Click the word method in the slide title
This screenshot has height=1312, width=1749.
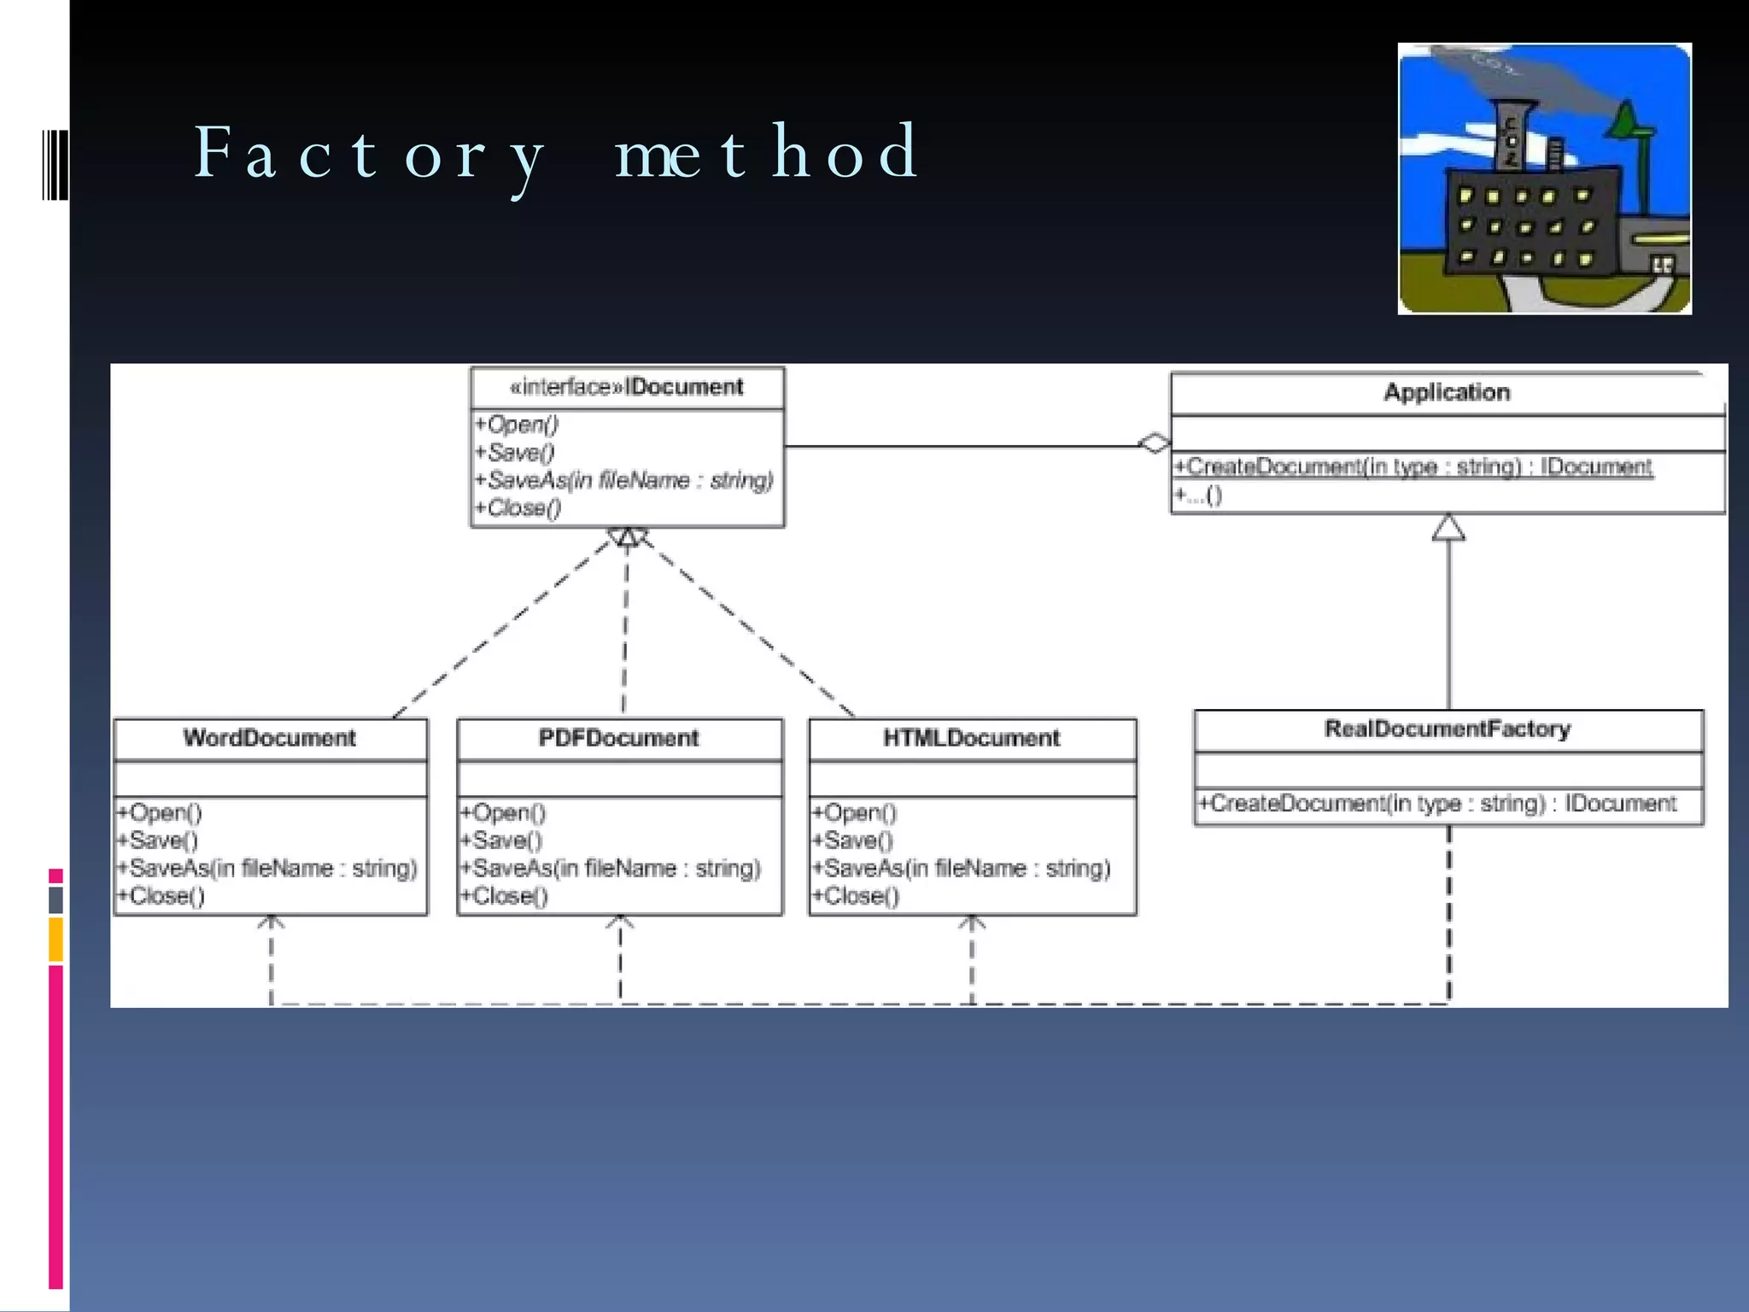tap(766, 152)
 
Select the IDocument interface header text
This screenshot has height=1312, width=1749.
tap(627, 387)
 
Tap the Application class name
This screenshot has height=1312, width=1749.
tap(1447, 392)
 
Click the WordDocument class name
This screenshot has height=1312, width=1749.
tap(269, 738)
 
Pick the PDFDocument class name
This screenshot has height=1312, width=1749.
tap(618, 738)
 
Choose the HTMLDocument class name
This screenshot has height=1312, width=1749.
tap(971, 738)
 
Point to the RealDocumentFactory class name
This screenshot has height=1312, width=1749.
tap(1448, 729)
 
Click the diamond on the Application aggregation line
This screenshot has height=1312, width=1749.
tap(1155, 443)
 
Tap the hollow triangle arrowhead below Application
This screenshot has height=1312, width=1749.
tap(1448, 528)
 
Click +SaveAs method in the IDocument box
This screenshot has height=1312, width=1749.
tap(624, 480)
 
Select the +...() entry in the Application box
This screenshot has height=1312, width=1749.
tap(1198, 495)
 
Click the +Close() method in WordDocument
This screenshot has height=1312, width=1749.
tap(161, 896)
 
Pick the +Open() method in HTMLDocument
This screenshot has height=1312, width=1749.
tap(854, 812)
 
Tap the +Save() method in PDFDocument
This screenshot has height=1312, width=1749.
tap(501, 840)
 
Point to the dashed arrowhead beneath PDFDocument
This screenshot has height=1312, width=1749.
tap(620, 922)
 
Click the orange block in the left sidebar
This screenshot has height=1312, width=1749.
tap(56, 939)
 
